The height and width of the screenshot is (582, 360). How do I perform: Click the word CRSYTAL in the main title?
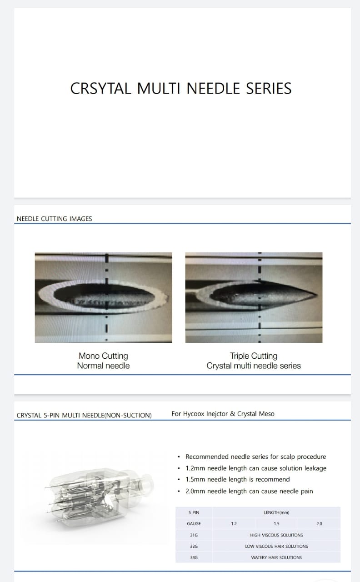point(100,88)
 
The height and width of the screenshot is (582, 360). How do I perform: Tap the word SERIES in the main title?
point(269,88)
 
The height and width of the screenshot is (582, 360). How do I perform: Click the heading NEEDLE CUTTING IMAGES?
point(54,219)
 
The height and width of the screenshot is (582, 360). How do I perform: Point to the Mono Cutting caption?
point(103,356)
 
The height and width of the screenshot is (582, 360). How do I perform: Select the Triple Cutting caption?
point(254,356)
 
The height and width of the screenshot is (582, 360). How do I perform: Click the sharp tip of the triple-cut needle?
point(317,294)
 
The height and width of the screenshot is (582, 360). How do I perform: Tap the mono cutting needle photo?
point(103,297)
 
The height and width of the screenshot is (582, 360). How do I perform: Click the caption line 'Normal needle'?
point(103,366)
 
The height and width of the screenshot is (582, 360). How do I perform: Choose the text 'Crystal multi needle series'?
point(254,366)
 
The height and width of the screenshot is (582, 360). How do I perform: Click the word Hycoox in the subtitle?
point(194,414)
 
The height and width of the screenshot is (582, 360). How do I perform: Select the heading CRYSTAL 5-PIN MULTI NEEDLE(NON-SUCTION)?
point(84,415)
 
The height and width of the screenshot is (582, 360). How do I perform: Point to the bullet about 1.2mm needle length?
point(256,468)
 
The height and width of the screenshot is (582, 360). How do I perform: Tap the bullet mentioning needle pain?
point(249,491)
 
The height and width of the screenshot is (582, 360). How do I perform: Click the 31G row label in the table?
point(194,535)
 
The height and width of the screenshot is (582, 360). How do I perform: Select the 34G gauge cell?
point(194,557)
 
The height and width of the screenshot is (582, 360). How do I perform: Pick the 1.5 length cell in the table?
point(276,523)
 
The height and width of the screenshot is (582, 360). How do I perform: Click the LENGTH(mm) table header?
point(276,512)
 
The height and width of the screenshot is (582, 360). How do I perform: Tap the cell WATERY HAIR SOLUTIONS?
point(276,557)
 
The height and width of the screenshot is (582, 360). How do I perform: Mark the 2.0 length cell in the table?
point(319,523)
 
